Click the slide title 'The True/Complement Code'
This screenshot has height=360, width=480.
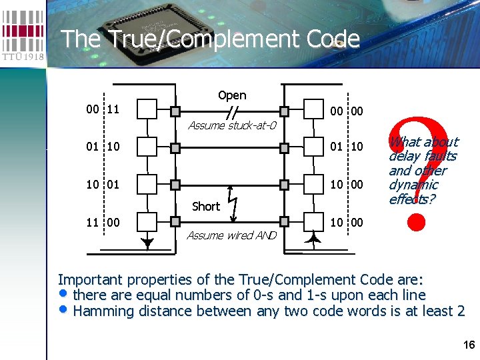point(210,39)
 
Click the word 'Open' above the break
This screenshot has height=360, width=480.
point(232,95)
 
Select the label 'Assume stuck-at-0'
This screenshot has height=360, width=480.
point(232,125)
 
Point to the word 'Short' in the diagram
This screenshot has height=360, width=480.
point(205,207)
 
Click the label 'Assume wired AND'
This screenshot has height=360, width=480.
point(231,235)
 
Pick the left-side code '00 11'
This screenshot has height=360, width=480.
point(103,109)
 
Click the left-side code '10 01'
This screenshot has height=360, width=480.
point(103,183)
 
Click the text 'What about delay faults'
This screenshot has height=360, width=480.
point(423,149)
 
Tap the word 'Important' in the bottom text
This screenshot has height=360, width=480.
point(90,279)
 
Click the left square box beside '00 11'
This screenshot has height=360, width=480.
point(147,109)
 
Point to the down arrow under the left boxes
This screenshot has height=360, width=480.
point(147,244)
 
